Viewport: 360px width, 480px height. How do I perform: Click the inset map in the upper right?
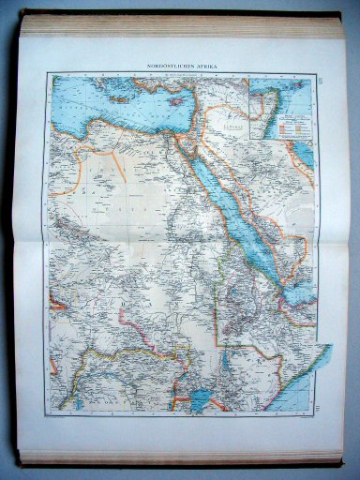point(279,108)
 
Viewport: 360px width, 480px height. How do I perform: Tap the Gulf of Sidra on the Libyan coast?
point(89,132)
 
